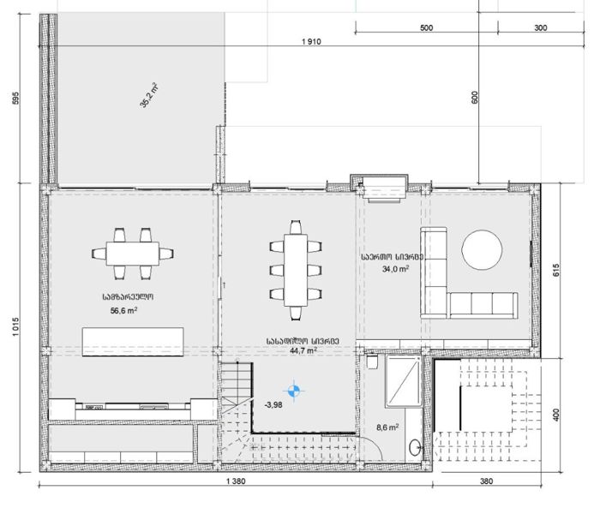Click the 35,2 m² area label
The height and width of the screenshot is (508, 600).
tap(150, 95)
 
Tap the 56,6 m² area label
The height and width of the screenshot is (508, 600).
tap(124, 310)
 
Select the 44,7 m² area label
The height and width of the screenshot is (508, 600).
tap(303, 350)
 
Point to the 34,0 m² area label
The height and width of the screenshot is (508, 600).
tap(395, 269)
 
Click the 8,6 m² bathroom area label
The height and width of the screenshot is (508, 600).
tap(387, 427)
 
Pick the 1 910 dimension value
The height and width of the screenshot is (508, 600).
tap(311, 42)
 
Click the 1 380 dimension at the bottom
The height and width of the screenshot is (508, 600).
tap(236, 481)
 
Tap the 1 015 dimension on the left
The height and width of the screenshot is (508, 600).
tap(15, 326)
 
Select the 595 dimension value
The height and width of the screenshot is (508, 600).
tap(15, 98)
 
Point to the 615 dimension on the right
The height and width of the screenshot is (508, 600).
tap(556, 270)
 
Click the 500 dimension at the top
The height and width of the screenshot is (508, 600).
tap(426, 27)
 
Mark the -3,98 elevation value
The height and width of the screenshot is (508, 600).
tap(273, 404)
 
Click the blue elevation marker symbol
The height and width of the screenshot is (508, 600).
tap(294, 391)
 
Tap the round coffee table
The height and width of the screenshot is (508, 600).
tap(482, 250)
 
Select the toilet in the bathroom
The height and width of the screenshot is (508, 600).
tap(372, 361)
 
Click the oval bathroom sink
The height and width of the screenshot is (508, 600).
tap(415, 447)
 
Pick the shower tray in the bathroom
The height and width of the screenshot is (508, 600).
tap(404, 381)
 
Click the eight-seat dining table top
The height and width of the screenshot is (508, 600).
tap(296, 270)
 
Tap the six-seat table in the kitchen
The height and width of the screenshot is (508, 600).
tap(132, 254)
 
